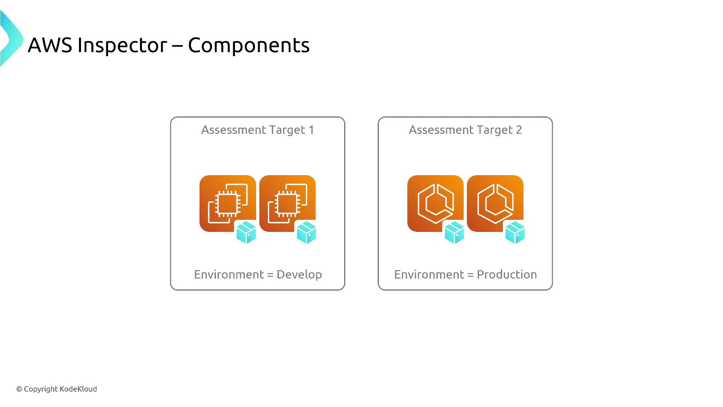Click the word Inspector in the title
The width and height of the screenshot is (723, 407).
122,46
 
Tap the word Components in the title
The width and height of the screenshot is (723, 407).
249,46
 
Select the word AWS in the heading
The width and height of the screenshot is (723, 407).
50,45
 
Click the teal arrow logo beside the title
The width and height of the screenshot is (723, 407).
12,38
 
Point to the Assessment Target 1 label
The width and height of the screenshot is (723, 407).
258,130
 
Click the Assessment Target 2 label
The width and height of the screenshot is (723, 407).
465,130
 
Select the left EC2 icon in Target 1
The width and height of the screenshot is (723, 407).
227,203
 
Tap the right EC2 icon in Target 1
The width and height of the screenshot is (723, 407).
287,203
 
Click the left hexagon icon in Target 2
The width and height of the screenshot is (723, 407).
435,203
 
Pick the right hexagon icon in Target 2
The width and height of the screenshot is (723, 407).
495,203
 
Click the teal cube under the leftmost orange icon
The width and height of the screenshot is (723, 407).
246,233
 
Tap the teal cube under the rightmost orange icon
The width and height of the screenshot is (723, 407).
515,233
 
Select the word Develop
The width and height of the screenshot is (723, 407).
299,275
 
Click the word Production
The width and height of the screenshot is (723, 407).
507,274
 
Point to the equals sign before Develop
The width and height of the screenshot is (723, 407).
270,275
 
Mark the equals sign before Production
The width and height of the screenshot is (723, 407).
470,275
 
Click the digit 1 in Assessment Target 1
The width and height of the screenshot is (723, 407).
311,130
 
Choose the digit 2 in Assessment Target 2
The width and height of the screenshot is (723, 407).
519,130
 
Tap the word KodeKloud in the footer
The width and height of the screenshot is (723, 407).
78,389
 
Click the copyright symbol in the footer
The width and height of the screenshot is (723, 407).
19,389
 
